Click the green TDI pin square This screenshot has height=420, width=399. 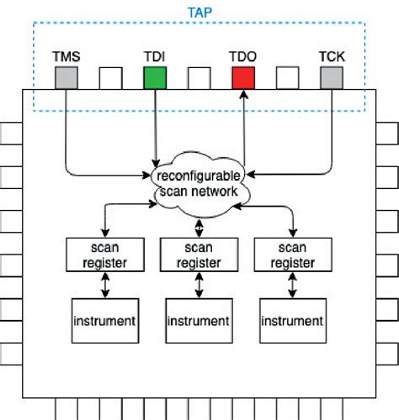pyautogui.click(x=155, y=78)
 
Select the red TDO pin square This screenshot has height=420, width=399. pyautogui.click(x=243, y=78)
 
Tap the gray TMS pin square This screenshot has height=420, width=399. pyautogui.click(x=66, y=78)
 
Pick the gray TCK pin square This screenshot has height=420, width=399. pyautogui.click(x=332, y=78)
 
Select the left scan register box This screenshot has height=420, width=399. pyautogui.click(x=104, y=255)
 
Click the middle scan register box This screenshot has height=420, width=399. pyautogui.click(x=199, y=255)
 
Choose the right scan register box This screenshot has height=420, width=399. pyautogui.click(x=293, y=255)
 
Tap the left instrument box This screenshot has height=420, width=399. pyautogui.click(x=104, y=322)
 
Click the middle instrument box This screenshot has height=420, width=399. pyautogui.click(x=199, y=322)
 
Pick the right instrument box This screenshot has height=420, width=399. pyautogui.click(x=293, y=322)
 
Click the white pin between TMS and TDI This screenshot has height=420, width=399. pyautogui.click(x=111, y=78)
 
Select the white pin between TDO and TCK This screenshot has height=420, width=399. pyautogui.click(x=288, y=78)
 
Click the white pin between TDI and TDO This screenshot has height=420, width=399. pyautogui.click(x=199, y=78)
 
